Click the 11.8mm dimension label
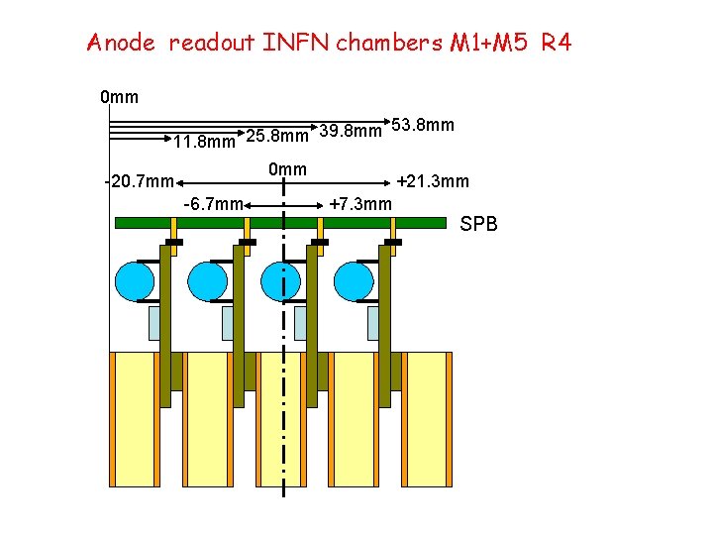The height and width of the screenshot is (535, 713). pos(204,142)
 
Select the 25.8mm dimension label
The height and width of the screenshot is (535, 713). pos(276,135)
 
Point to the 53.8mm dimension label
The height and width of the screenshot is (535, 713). pos(423,125)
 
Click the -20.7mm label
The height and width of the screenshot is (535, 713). pos(140,181)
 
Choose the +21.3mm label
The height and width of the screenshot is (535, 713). pos(433,181)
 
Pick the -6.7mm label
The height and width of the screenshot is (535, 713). pos(213,204)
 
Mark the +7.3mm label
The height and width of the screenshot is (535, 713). pos(360,204)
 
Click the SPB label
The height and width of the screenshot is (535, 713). pos(479,226)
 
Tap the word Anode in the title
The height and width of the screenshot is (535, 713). pos(122,43)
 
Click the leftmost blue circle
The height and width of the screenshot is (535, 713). pos(134,281)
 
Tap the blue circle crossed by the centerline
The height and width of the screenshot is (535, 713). pos(281,281)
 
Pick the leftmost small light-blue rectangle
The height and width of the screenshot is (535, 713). pos(154,323)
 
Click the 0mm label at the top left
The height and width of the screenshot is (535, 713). pos(119,97)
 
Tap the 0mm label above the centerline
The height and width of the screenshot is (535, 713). pos(288,168)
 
